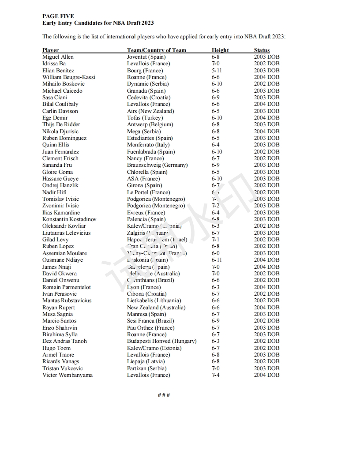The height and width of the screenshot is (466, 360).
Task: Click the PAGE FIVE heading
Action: pos(58,16)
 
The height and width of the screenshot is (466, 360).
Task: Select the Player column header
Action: pos(50,50)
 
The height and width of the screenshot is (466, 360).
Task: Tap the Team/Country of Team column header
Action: pos(157,50)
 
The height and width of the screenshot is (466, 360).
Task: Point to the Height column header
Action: pos(220,50)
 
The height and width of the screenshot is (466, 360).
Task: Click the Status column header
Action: pos(262,50)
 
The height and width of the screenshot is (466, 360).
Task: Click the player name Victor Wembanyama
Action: pos(67,375)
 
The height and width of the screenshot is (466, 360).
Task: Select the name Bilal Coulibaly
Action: pos(60,104)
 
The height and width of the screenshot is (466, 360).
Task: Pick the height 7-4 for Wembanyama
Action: pos(216,375)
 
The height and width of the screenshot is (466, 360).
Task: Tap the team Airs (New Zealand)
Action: pos(150,111)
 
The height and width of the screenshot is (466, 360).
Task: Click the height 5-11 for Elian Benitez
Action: pos(217,71)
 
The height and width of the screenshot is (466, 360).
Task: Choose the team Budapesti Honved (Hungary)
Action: pos(162,341)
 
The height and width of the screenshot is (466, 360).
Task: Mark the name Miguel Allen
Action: pos(58,57)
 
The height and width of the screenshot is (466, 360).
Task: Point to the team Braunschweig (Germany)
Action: pos(157,165)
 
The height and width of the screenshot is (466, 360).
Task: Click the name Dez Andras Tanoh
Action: pos(64,341)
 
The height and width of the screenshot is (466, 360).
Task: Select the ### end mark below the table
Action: pos(164,395)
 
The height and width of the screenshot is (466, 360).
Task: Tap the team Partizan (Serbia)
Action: pos(146,368)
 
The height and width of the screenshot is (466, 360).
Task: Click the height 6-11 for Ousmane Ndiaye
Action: pos(217,260)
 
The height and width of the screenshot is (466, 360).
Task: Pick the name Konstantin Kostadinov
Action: pos(69,219)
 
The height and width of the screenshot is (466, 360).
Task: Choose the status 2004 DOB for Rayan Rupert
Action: pos(266,308)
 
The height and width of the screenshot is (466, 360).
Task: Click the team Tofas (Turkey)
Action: pos(145,118)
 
